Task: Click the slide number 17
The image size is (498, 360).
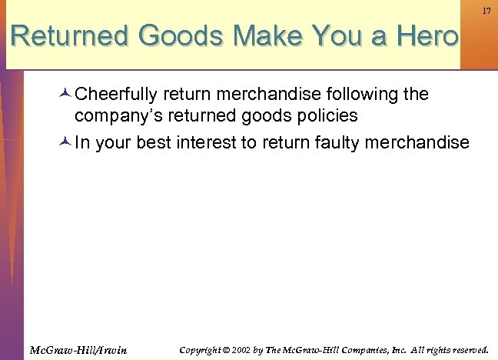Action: (x=486, y=11)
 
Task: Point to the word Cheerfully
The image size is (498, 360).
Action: (x=115, y=95)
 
